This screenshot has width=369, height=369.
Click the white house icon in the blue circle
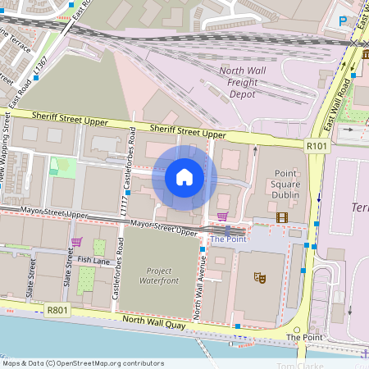(x=184, y=176)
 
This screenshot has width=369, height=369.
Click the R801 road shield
(x=57, y=310)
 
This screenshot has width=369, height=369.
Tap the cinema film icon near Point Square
(x=282, y=217)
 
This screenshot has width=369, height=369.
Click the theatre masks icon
(x=260, y=278)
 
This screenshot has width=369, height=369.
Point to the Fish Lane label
(x=93, y=260)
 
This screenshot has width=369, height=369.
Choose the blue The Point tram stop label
(x=228, y=239)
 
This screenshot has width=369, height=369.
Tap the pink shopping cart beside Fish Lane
(x=76, y=242)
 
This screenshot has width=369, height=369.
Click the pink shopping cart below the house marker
(x=222, y=216)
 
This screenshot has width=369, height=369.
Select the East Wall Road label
(x=338, y=105)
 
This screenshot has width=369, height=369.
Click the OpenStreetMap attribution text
(x=83, y=363)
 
